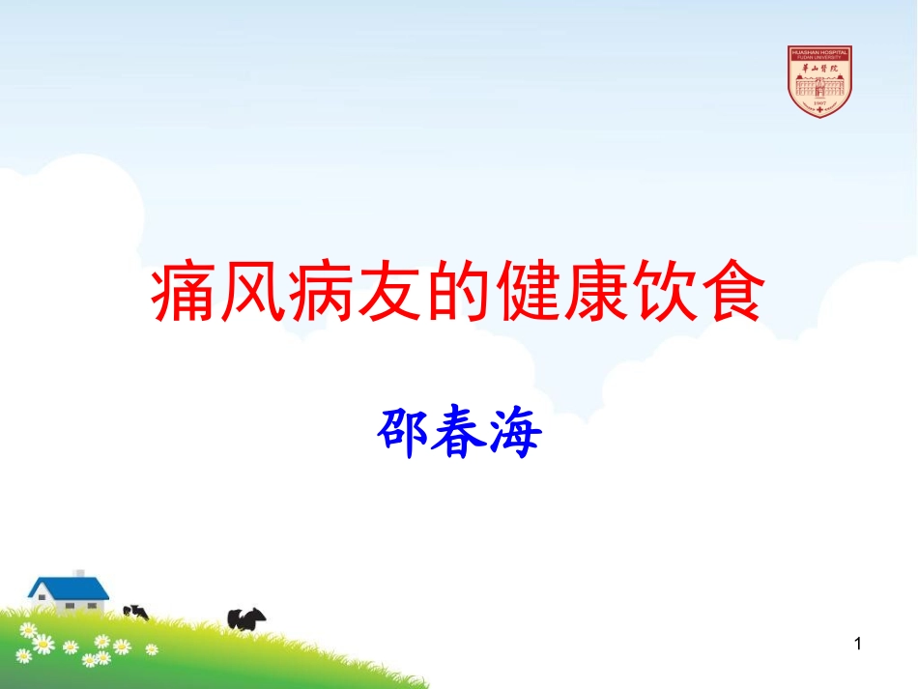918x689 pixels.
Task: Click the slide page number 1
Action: point(858,645)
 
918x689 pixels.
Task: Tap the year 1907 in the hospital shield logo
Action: point(819,100)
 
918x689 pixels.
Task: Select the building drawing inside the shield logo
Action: point(819,85)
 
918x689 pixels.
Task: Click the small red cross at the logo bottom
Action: point(819,111)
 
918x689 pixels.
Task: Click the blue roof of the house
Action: point(68,587)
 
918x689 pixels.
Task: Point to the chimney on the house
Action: point(79,573)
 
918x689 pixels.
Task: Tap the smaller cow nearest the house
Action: point(136,612)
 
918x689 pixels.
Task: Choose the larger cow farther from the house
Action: point(245,618)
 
